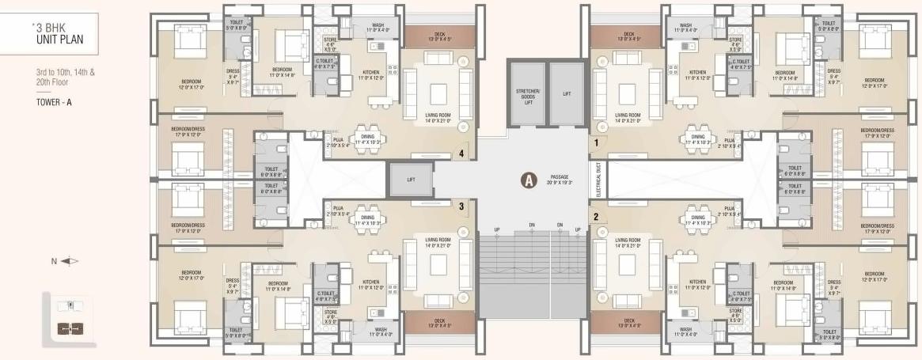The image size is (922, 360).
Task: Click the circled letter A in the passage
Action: (526, 180)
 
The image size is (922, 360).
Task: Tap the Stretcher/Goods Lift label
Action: (527, 95)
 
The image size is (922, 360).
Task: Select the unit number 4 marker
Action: (461, 153)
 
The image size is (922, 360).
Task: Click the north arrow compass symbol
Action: (70, 260)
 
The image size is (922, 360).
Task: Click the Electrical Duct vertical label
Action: (600, 180)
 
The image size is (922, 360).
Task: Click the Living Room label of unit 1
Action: (628, 118)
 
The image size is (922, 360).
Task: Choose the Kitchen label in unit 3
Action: (371, 284)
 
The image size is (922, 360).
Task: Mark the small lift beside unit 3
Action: (410, 180)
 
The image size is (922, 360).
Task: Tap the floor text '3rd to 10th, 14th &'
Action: (59, 72)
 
